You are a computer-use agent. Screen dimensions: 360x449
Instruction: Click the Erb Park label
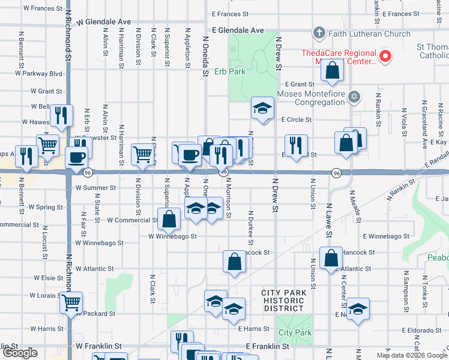[x=230, y=71]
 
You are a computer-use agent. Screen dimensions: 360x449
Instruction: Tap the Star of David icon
[x=354, y=97]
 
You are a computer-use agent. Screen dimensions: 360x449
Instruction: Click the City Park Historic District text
[x=284, y=300]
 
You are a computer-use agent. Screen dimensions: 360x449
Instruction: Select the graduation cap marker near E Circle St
[x=262, y=108]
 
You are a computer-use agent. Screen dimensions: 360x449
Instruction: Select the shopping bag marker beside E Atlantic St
[x=331, y=258]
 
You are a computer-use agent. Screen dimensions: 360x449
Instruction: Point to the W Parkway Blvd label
[x=39, y=74]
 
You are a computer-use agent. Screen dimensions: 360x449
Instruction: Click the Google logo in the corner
[x=20, y=353]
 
